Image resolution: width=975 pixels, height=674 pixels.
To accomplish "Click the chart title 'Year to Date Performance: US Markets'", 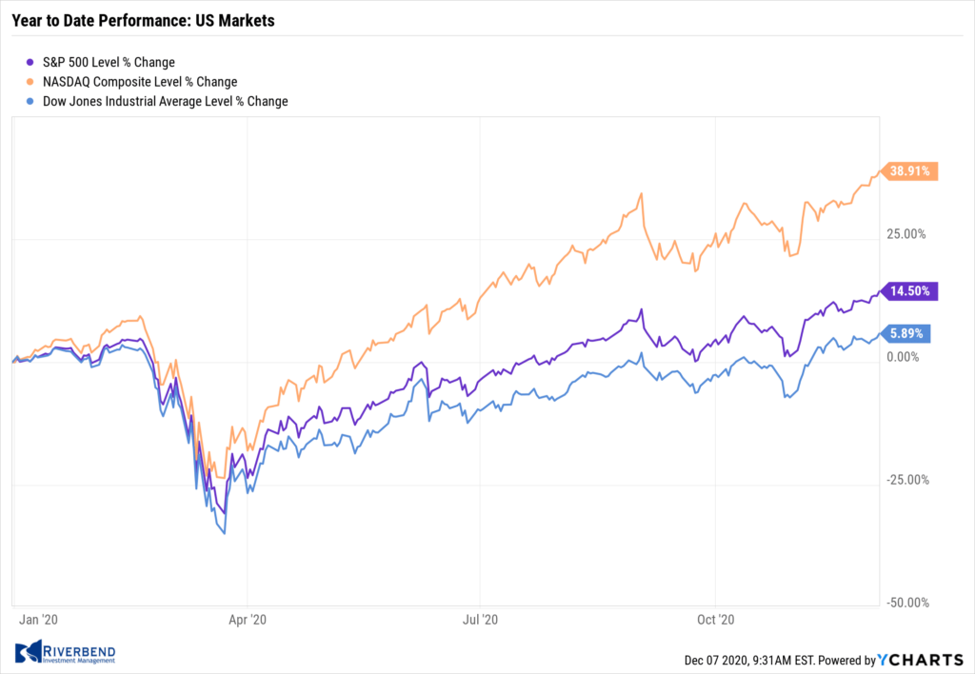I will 143,20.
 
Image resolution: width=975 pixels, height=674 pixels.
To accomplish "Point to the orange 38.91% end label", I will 912,171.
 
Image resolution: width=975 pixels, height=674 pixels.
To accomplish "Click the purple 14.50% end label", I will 912,291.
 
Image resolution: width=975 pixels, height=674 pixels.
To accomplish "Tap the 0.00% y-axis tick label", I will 904,357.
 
